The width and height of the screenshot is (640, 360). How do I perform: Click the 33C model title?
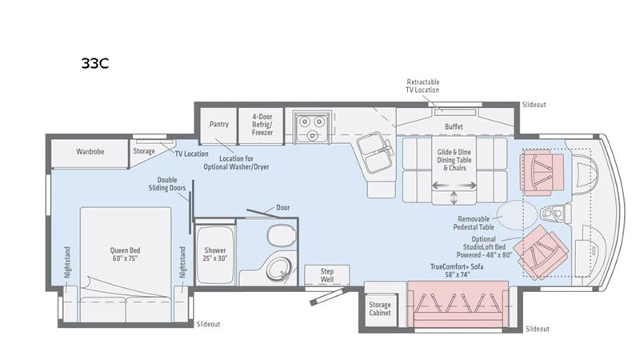coord(94,63)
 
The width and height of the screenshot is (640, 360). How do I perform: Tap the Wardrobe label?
coord(90,151)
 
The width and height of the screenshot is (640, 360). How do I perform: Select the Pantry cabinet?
coord(218,126)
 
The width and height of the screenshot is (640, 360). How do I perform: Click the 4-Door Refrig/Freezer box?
coord(262,126)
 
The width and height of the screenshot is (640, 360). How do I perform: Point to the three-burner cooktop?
coord(313,126)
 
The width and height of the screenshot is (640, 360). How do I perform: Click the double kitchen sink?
coord(375,153)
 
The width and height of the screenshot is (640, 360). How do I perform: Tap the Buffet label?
coord(454,126)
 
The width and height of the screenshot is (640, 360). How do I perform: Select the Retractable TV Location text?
coord(422,86)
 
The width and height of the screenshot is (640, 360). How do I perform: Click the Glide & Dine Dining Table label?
coord(454,160)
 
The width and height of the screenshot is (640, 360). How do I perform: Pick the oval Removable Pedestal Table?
coord(517,215)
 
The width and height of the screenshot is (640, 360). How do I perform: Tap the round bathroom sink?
coord(279,268)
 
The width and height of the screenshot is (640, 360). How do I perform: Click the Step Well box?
coord(327,275)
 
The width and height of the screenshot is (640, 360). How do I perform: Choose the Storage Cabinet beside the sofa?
coord(380,309)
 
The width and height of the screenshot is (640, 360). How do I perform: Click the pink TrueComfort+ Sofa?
coord(458,304)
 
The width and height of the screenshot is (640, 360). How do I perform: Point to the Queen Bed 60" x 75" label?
coord(125,254)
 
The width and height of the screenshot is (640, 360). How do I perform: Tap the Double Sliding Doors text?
coord(167,184)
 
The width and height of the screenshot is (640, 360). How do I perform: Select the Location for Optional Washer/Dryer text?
coord(236,162)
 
